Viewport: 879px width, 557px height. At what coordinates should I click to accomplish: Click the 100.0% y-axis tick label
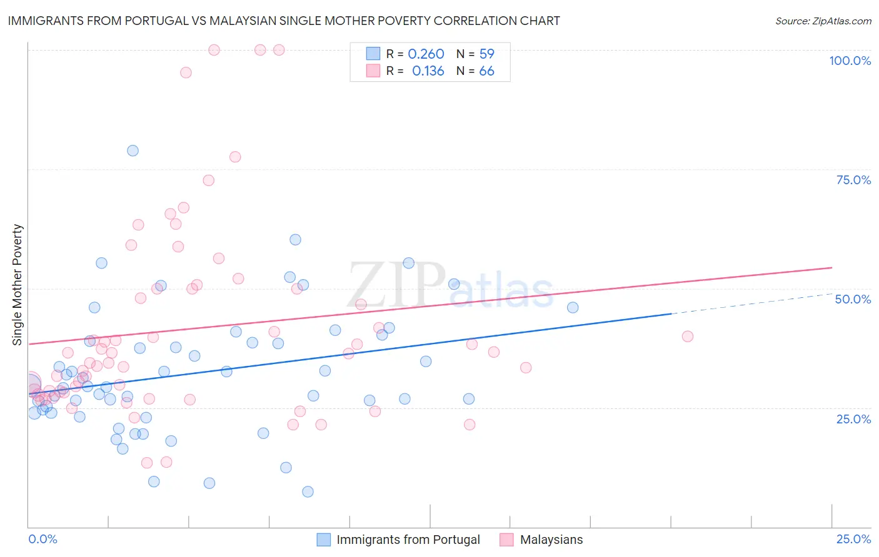point(850,61)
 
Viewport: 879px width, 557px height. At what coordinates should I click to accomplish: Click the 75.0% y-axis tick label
point(853,180)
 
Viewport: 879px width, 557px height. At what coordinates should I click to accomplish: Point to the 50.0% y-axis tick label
point(853,299)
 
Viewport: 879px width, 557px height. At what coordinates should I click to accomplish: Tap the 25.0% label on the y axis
point(853,419)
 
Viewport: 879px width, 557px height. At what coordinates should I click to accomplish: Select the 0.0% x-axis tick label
point(43,539)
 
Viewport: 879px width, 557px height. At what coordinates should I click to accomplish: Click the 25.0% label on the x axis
point(853,539)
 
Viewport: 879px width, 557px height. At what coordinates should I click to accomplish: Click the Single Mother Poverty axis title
point(18,285)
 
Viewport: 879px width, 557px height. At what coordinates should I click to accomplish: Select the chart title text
point(284,21)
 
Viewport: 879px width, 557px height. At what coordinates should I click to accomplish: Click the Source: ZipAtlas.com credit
point(823,21)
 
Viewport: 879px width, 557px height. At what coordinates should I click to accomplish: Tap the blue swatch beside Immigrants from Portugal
point(323,540)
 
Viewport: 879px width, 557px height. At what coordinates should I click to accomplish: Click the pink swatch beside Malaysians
point(506,540)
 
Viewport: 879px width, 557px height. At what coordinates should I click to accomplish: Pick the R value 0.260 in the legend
point(426,54)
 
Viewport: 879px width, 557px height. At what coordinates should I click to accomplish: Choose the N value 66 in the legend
point(486,71)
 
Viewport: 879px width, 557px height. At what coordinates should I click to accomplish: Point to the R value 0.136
point(428,71)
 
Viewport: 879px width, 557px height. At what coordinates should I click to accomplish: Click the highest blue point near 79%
point(133,150)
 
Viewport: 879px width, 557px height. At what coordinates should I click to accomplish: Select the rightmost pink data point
point(688,336)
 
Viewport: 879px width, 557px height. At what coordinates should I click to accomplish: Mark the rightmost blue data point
point(573,307)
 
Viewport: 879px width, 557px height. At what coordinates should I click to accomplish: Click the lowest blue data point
point(308,491)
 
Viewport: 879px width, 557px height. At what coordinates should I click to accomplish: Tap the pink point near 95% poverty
point(186,72)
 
